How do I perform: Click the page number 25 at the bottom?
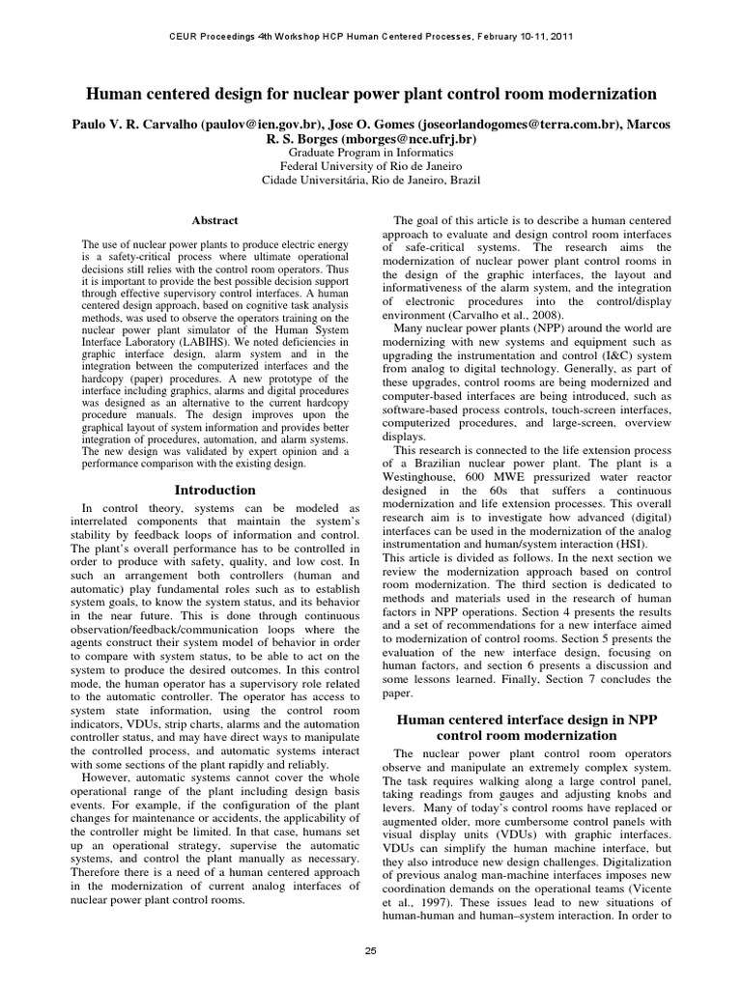click(370, 951)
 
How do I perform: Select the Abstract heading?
click(214, 221)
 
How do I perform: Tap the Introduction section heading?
click(214, 490)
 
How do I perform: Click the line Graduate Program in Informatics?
click(370, 153)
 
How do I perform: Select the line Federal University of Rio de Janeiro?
click(370, 166)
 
